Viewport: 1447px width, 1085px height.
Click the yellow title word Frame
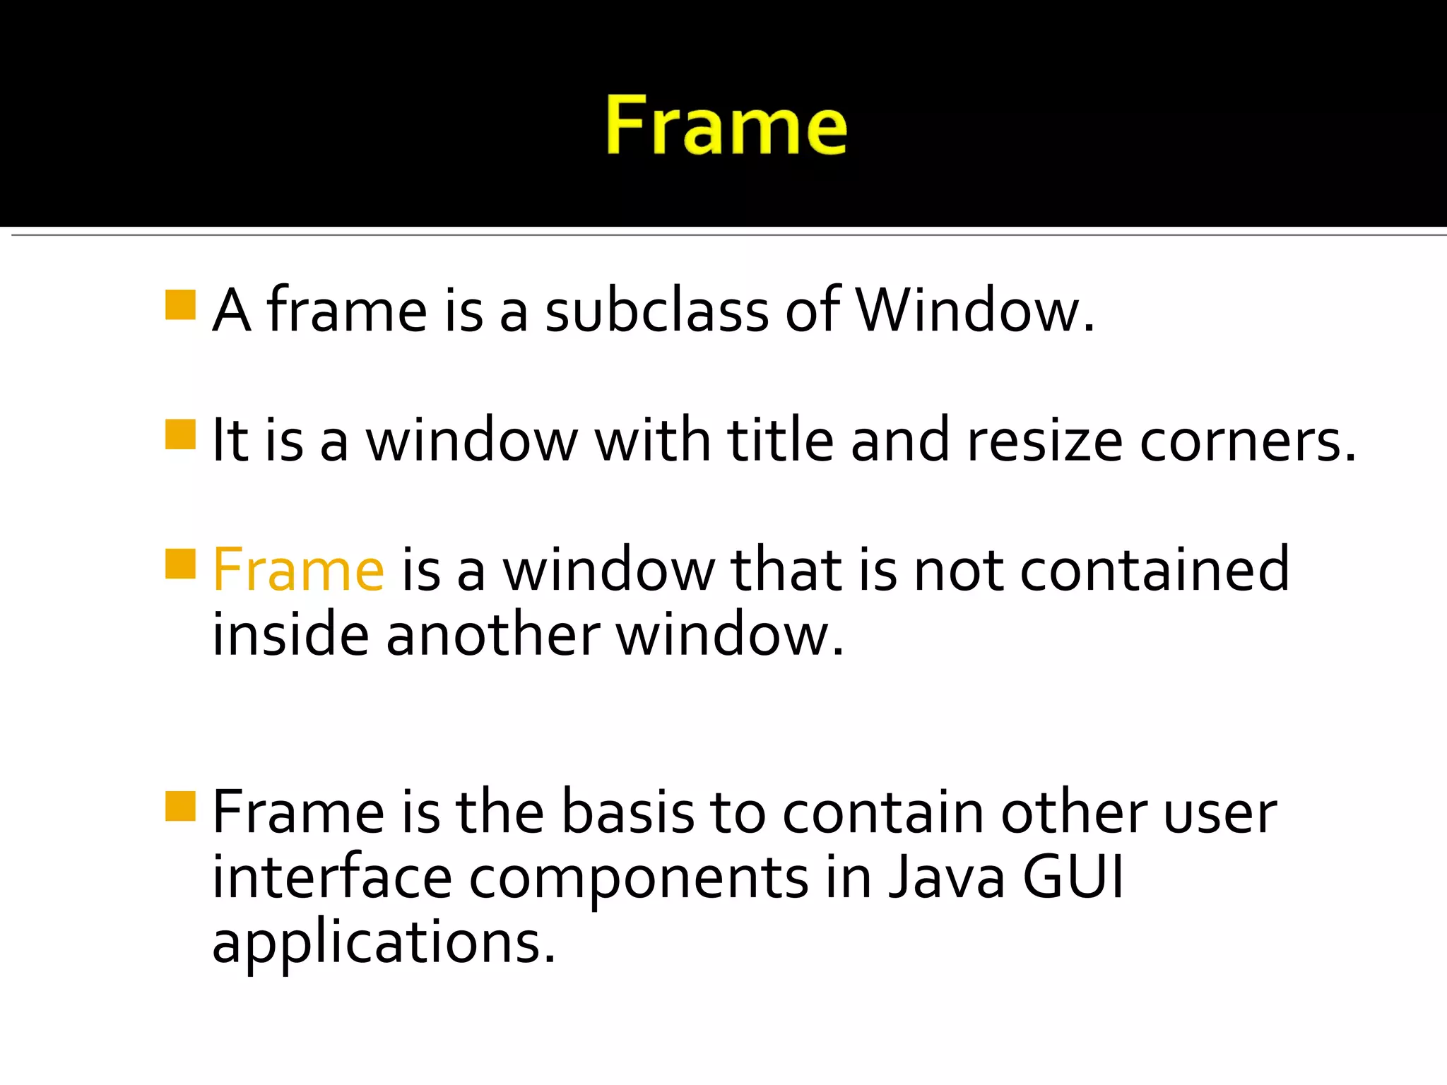click(726, 126)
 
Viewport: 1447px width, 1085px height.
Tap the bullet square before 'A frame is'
click(180, 305)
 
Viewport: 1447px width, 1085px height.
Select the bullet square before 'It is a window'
click(180, 434)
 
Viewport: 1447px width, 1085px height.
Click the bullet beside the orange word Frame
click(180, 564)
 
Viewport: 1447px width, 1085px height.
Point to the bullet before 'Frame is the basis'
click(180, 806)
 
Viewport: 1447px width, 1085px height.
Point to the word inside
click(290, 634)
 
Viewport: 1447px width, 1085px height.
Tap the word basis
click(628, 812)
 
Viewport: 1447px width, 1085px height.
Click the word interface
click(332, 877)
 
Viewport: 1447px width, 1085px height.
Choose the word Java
click(947, 877)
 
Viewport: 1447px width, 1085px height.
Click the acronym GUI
click(1073, 877)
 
